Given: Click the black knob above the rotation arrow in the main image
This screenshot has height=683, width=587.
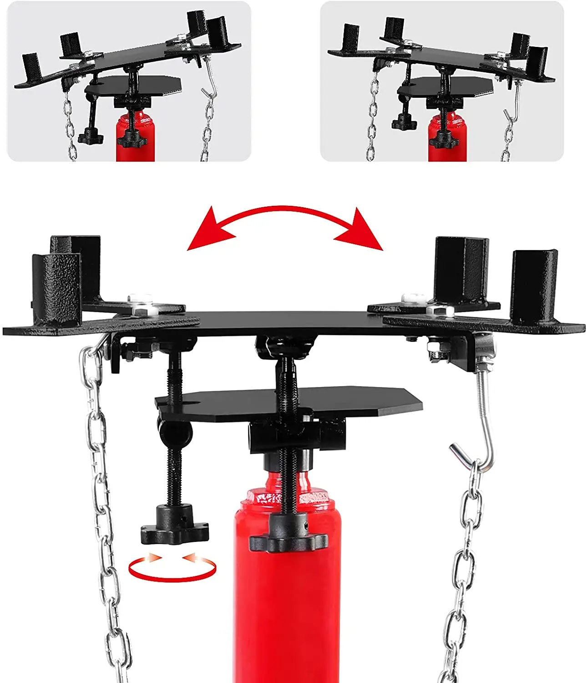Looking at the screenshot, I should coord(174,528).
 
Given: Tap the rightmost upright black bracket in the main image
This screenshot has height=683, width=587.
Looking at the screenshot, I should coord(533,287).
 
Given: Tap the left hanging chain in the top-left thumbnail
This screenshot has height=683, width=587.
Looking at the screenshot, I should coord(70,127).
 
